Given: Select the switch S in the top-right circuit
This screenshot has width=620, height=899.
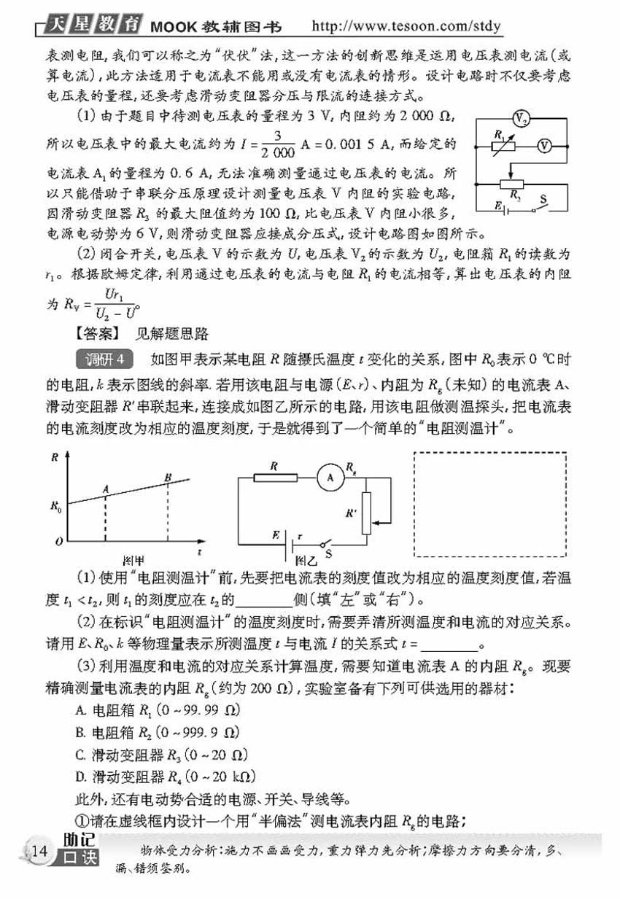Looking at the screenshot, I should click(x=540, y=207).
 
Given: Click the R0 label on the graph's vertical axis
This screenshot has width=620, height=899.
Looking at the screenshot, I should click(x=55, y=504).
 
